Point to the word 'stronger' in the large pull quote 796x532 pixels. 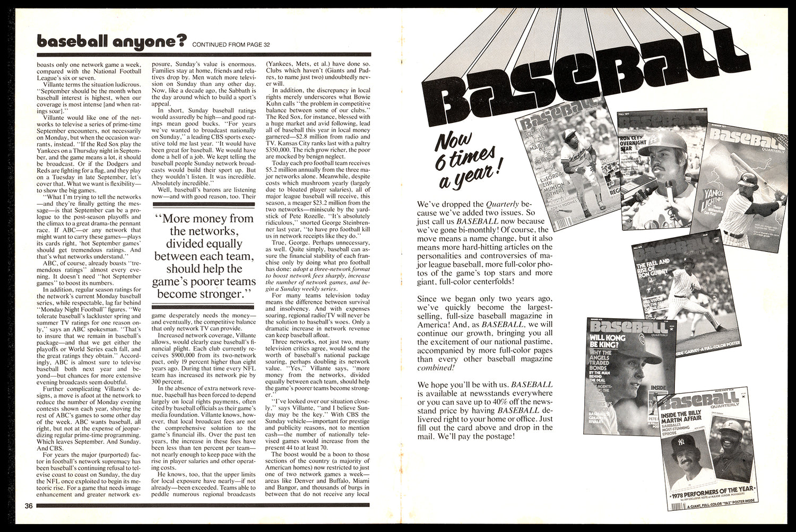coord(220,293)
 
